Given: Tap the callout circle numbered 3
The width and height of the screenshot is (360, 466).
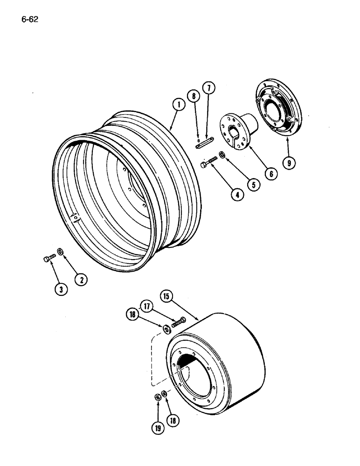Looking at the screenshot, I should click(61, 289).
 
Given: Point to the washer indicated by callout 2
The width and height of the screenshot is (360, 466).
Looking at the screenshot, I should click(60, 253).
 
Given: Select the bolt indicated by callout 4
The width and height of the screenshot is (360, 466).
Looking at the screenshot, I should click(208, 163).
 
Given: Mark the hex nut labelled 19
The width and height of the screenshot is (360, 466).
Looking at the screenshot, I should click(158, 397).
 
